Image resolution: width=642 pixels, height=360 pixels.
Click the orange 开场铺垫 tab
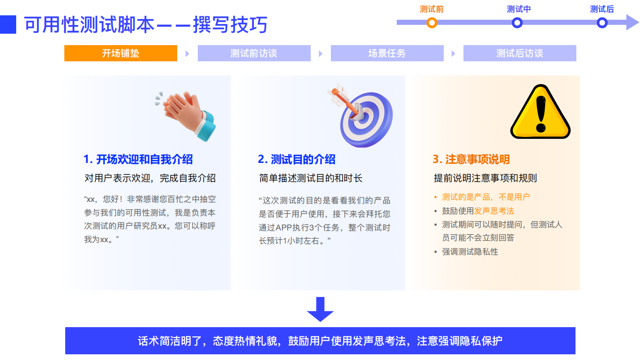click(120, 53)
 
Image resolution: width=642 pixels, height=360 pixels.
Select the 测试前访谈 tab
click(254, 53)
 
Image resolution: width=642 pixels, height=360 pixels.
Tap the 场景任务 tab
click(387, 53)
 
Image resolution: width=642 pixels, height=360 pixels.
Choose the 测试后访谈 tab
click(519, 53)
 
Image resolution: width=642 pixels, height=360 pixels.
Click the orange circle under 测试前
click(432, 23)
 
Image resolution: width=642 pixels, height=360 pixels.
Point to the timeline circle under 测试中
click(517, 23)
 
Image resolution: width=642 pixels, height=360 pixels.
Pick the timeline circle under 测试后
click(602, 23)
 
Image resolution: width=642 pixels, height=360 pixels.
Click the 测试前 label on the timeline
click(432, 9)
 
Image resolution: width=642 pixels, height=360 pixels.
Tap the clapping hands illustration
click(187, 115)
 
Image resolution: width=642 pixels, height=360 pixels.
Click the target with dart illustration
click(361, 116)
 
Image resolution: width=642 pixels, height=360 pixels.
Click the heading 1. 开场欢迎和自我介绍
click(138, 159)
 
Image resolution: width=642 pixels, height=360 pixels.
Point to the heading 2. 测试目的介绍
click(297, 159)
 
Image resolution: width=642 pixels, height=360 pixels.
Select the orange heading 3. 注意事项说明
click(471, 159)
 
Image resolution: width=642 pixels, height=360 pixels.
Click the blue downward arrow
click(320, 309)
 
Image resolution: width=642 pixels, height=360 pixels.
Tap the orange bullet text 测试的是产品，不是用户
click(486, 197)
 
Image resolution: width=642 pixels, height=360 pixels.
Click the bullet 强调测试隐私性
click(470, 252)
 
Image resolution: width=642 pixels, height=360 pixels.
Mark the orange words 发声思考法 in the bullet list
click(494, 211)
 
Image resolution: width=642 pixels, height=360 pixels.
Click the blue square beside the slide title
click(8, 25)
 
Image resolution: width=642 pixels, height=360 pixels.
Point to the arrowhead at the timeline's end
click(632, 22)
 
